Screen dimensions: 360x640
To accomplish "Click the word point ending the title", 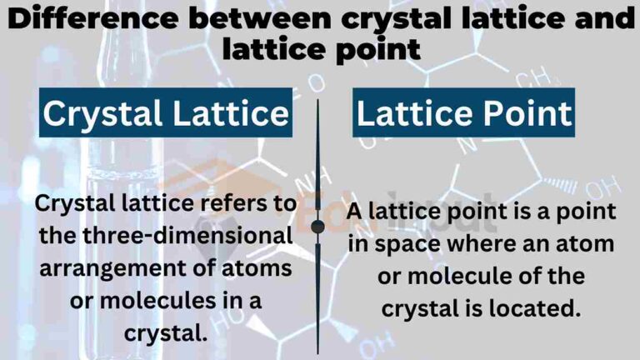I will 375,48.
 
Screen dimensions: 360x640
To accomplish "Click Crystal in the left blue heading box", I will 102,113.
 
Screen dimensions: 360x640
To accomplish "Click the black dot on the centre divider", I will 317,227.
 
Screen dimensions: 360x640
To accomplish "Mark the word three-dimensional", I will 180,237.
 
